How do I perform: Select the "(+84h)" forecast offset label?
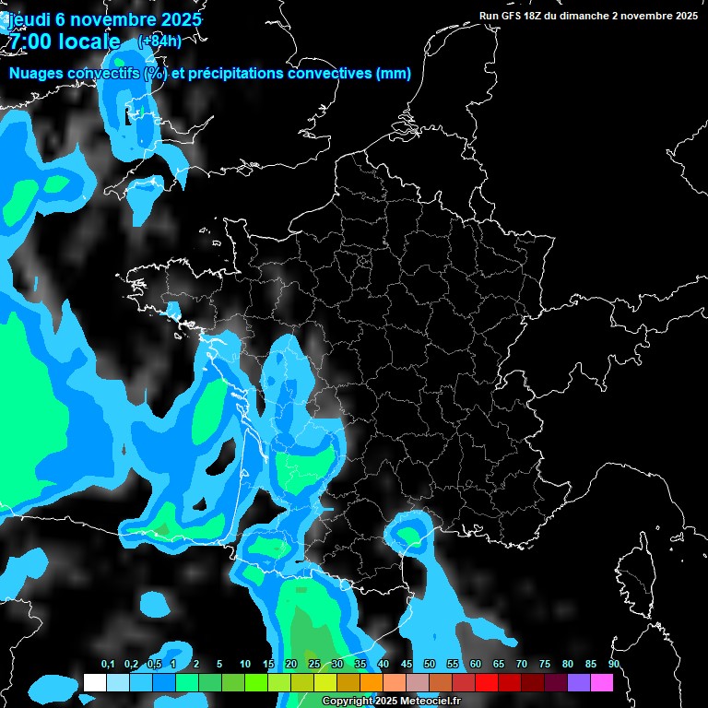pos(159,41)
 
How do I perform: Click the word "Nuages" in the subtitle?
pos(35,74)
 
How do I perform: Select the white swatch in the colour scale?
pos(94,682)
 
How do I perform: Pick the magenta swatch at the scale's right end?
pos(601,682)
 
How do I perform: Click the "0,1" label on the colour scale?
pos(108,665)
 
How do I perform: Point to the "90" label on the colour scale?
pos(613,665)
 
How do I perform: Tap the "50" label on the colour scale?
pos(429,665)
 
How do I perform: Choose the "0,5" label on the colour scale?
pos(154,665)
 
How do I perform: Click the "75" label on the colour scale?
pos(544,665)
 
